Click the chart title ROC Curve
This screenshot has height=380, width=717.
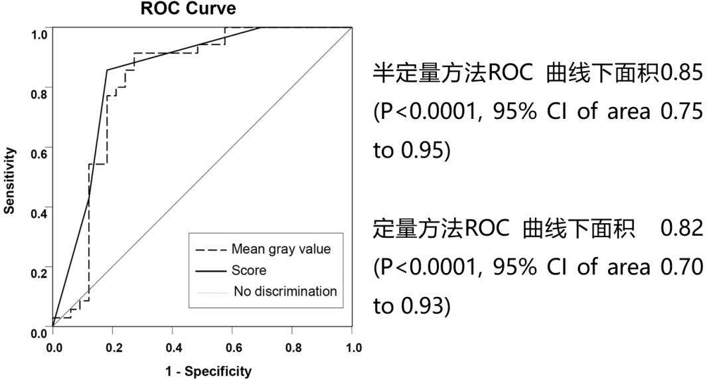[187, 9]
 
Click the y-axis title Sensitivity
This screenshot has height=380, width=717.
[9, 180]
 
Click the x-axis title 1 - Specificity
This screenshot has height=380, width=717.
[208, 371]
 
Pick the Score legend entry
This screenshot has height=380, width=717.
[249, 270]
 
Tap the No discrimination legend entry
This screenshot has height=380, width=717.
[285, 292]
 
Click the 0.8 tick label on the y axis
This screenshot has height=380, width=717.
[39, 94]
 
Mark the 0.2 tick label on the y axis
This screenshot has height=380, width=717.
[39, 273]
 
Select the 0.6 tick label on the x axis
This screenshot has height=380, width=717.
[232, 347]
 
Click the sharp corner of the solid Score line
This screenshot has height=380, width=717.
[107, 70]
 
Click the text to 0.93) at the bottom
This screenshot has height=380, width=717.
[412, 305]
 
